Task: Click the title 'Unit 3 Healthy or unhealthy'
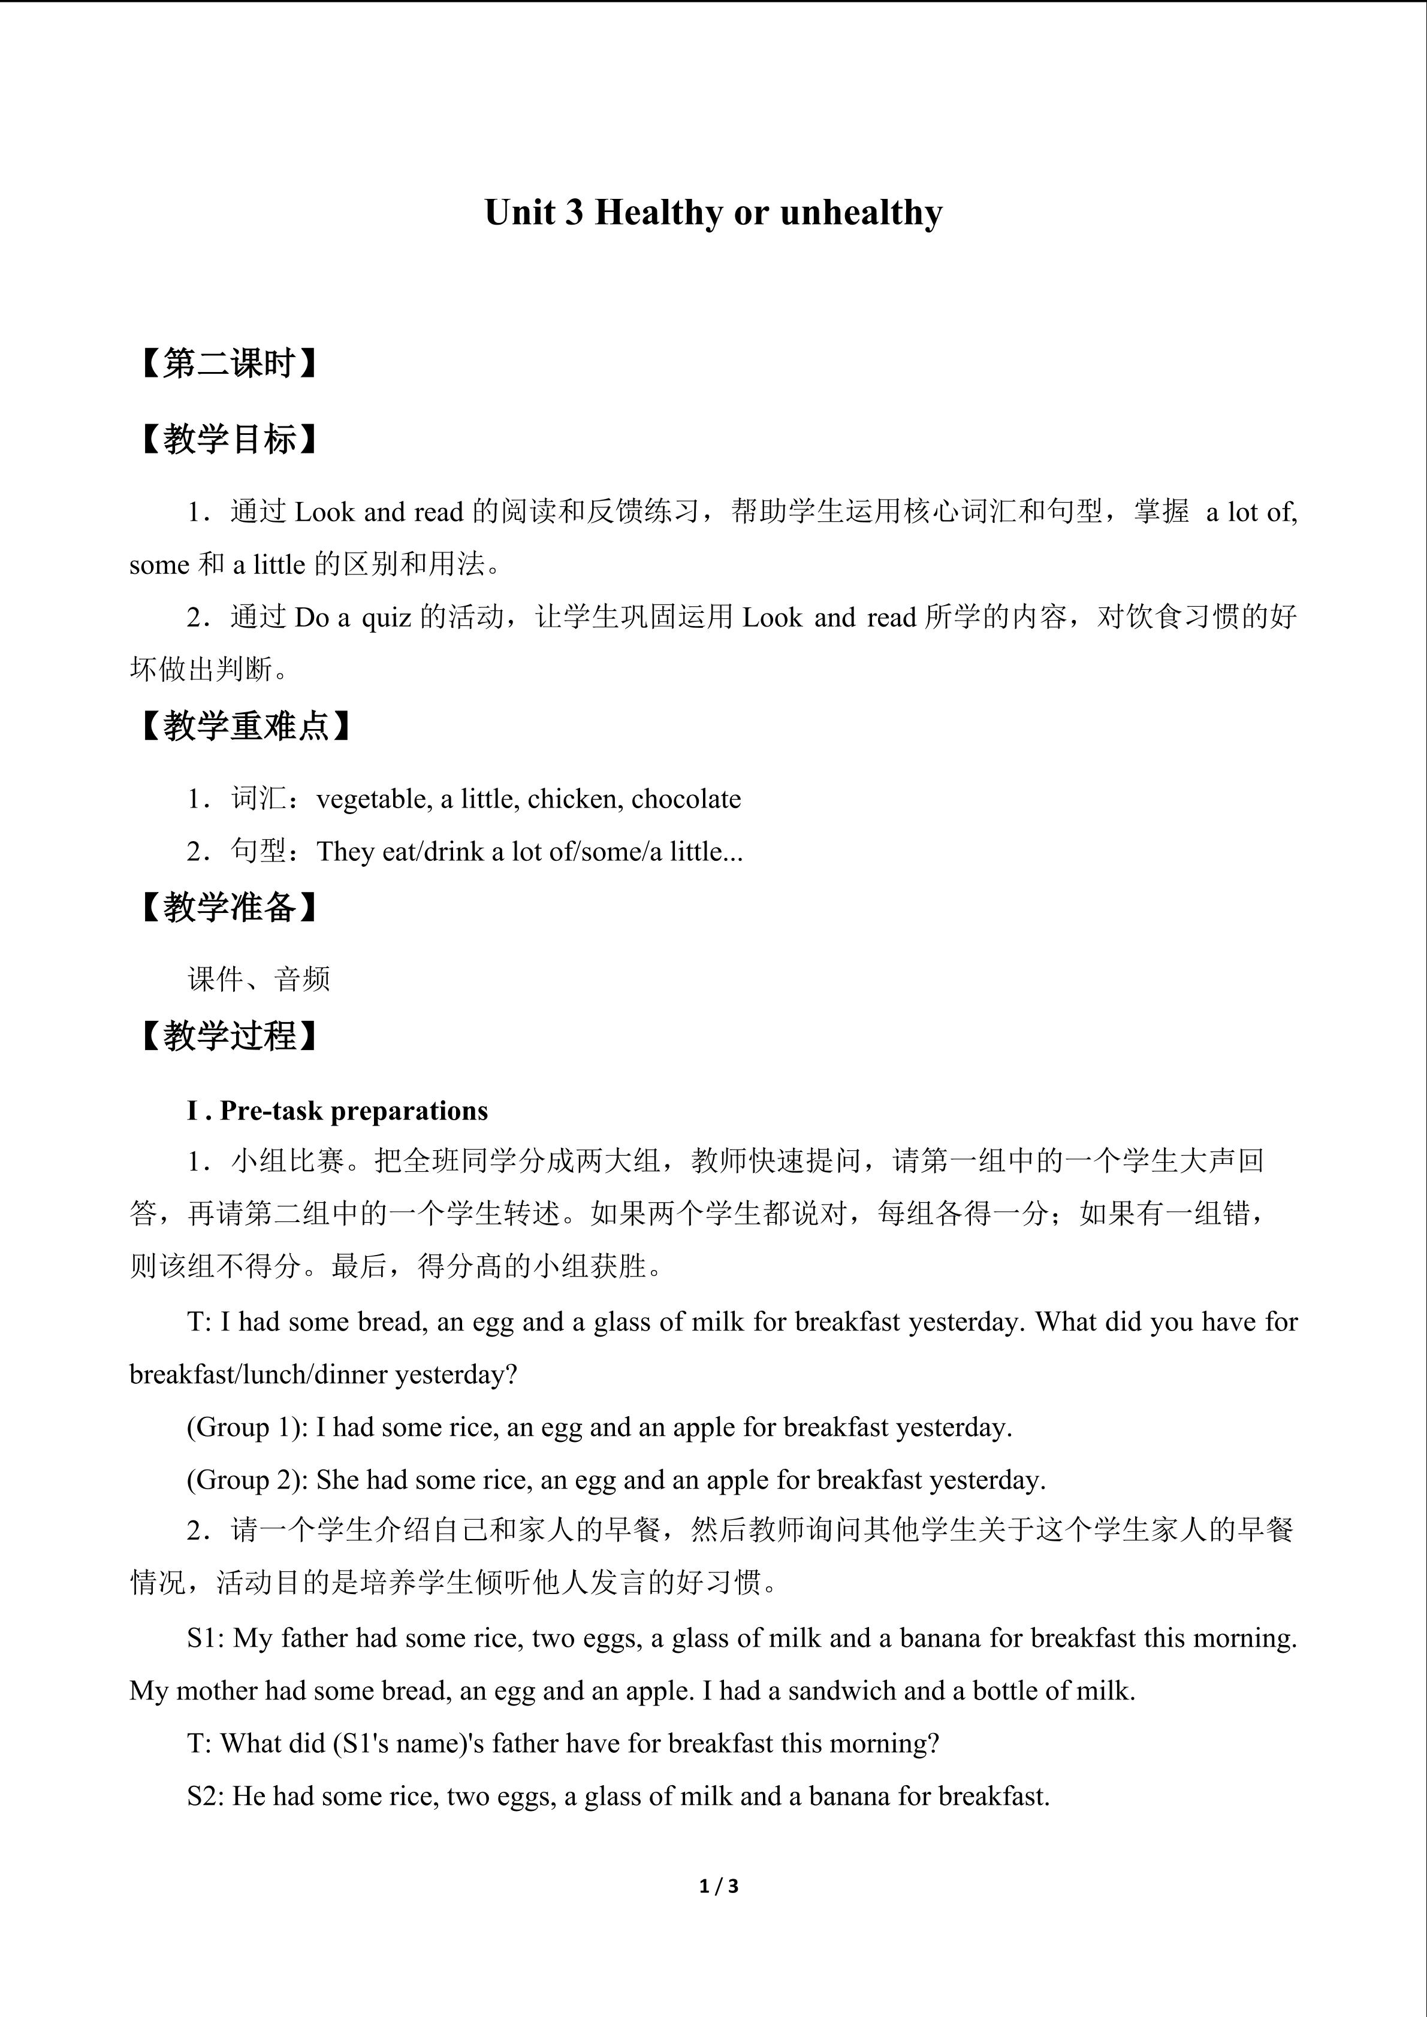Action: point(713,213)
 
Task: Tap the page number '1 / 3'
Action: point(719,1885)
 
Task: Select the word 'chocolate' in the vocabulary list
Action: point(686,799)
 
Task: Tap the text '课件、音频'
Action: point(260,979)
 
